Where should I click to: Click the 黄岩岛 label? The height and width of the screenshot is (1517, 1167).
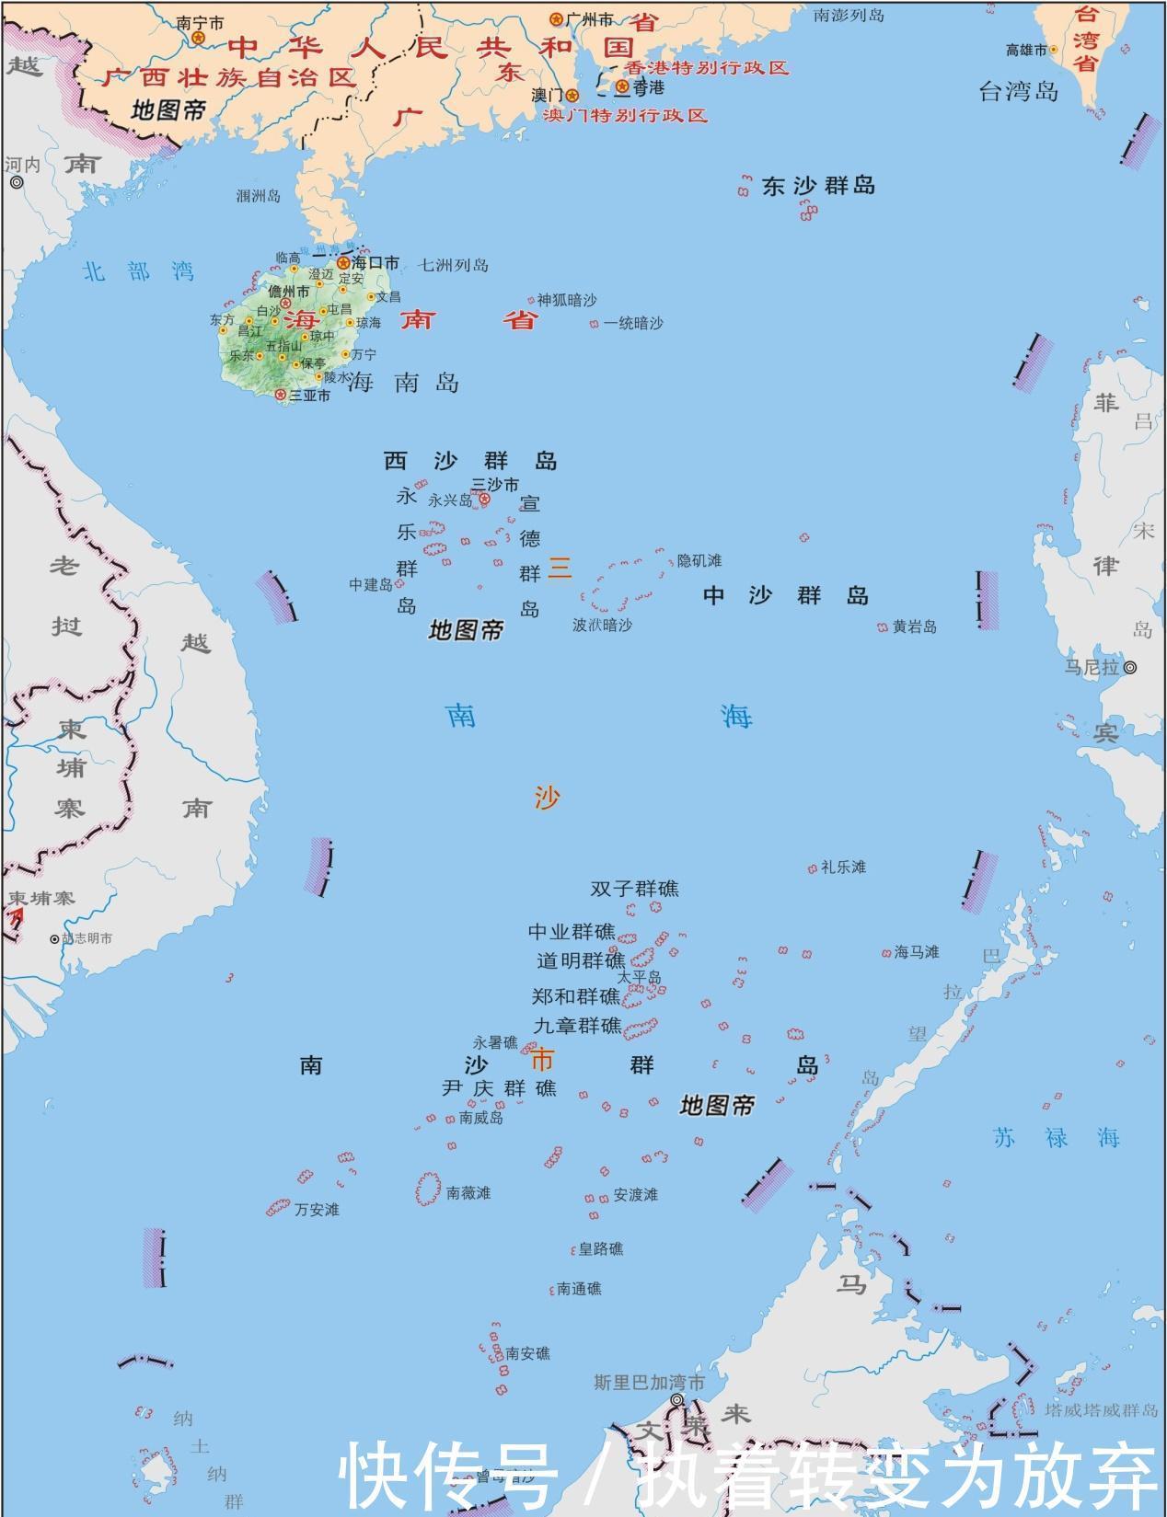[914, 626]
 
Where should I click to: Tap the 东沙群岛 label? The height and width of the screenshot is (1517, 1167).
[818, 186]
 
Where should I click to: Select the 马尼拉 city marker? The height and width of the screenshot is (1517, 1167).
[1130, 667]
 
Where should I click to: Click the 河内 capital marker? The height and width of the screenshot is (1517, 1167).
[17, 183]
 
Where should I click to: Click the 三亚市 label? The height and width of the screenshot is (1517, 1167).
[309, 396]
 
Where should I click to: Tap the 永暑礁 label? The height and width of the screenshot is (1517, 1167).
[495, 1042]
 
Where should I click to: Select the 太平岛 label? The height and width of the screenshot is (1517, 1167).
[639, 977]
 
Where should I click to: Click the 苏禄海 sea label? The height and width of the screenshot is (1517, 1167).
[1057, 1137]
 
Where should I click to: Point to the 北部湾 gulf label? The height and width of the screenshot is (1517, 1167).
[138, 271]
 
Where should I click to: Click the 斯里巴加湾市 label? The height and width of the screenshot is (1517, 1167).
[649, 1383]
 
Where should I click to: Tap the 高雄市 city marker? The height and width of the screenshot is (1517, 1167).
[1053, 50]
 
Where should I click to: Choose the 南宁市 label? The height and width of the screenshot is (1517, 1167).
[200, 22]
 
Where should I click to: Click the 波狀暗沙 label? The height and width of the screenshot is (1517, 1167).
[602, 625]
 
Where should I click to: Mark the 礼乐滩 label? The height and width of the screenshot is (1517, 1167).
[843, 867]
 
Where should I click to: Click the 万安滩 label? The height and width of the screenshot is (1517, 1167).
[317, 1209]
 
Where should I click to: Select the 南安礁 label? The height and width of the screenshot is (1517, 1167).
[527, 1353]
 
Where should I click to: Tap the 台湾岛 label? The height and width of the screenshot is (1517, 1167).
[1018, 91]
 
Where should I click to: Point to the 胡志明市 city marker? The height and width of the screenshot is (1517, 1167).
[54, 939]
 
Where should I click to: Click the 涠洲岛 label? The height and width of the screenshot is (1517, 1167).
[259, 195]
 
